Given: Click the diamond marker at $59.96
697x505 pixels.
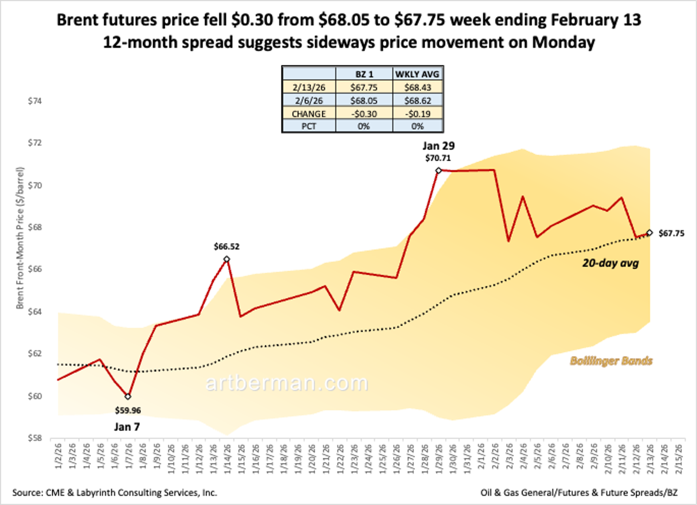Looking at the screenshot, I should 128,397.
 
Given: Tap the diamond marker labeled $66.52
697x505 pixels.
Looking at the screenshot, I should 227,259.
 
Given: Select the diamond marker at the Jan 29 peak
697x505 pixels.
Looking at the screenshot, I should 439,171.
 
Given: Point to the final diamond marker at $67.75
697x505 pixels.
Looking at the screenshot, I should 649,233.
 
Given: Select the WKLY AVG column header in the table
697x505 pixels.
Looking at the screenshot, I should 417,74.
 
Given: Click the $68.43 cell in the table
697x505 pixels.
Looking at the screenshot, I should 417,88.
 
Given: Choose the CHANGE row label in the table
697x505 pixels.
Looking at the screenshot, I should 309,114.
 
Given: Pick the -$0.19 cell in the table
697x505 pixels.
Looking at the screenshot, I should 417,114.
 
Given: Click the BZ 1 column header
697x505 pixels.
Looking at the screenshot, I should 364,74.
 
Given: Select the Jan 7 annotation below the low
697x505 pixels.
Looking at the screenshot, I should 127,427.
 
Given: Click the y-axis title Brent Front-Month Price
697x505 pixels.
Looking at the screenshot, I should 20,238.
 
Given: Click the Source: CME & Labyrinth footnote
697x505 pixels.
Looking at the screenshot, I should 115,493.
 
